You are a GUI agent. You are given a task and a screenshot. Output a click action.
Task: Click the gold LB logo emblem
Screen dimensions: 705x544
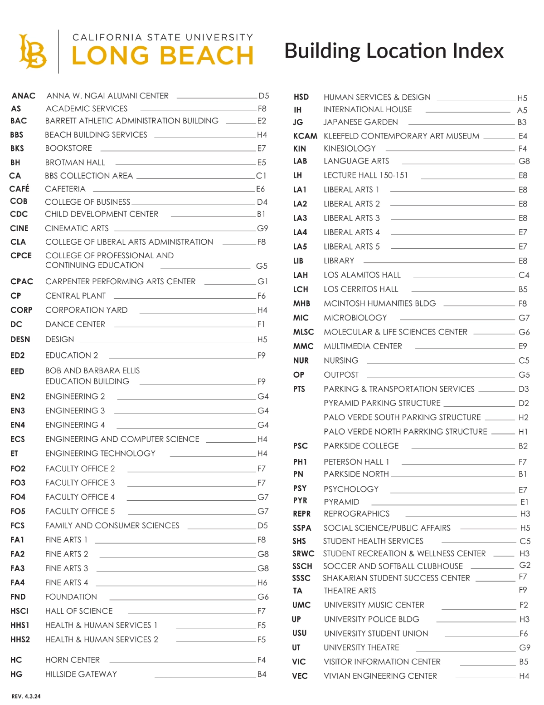(32, 51)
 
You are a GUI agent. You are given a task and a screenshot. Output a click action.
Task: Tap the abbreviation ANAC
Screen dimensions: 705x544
(24, 96)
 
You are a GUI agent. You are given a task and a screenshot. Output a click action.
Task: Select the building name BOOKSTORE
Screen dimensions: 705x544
(68, 148)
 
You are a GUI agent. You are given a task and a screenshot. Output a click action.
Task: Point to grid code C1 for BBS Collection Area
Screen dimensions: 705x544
(261, 176)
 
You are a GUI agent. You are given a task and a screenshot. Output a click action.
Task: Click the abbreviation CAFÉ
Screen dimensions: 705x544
(19, 188)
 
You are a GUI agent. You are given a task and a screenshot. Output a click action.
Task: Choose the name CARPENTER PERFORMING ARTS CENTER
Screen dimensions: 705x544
(121, 281)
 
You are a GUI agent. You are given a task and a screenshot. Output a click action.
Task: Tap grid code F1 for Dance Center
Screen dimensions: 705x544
(261, 324)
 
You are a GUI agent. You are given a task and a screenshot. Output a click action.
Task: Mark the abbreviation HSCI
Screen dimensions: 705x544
(19, 611)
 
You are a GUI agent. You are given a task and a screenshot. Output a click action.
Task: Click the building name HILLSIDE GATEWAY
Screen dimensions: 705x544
(81, 674)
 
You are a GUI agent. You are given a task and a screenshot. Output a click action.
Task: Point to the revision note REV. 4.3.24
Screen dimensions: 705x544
(26, 696)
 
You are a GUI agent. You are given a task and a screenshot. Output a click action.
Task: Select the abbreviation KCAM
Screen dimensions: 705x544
(305, 136)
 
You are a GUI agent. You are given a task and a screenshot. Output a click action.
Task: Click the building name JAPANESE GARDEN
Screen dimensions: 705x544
(361, 122)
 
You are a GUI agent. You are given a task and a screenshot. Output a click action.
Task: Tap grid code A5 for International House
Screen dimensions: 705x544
(522, 110)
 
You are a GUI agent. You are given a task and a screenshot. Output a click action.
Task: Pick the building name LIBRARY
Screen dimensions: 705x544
(339, 261)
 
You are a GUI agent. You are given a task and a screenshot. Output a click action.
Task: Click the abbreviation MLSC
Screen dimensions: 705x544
(303, 332)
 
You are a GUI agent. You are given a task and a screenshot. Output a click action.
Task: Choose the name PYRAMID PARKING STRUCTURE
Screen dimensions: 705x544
(382, 403)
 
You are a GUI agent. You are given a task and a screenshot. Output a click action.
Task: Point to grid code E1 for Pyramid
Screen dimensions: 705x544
(524, 502)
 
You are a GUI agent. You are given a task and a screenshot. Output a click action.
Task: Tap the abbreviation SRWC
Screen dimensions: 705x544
(303, 553)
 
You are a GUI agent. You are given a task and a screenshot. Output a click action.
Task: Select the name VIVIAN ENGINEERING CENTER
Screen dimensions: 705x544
(380, 676)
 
